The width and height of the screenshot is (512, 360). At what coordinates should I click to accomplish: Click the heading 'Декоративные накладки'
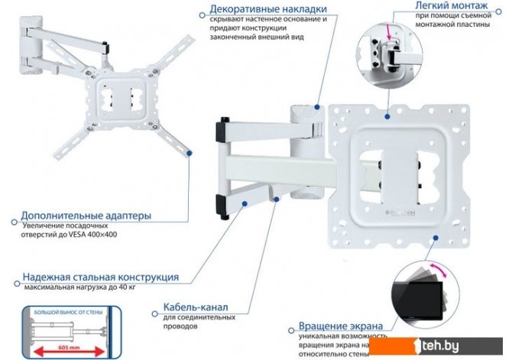(258, 11)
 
